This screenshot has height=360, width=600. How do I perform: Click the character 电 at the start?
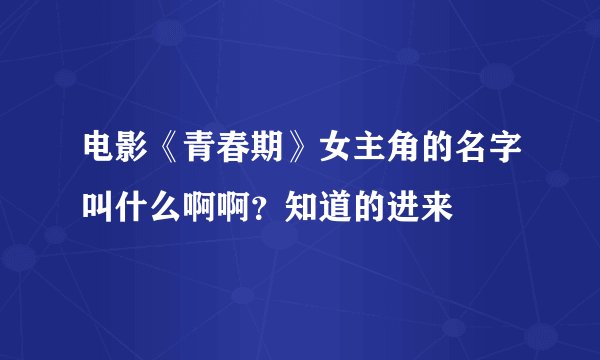98,150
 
